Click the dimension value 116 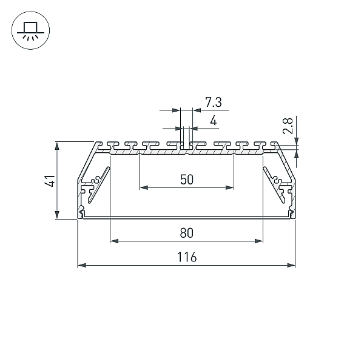click(x=187, y=257)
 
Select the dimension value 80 click(x=187, y=233)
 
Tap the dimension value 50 click(x=187, y=180)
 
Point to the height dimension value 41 click(x=50, y=181)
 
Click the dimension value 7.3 click(x=214, y=102)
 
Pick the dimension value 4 click(x=214, y=121)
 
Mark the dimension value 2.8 click(x=288, y=126)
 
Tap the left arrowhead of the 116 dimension click(x=81, y=265)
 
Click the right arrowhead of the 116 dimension click(x=291, y=265)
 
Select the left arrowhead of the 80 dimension click(x=114, y=241)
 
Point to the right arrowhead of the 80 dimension click(x=258, y=241)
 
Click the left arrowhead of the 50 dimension click(x=144, y=187)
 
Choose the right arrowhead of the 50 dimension click(x=229, y=187)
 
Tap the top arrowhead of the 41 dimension click(x=57, y=146)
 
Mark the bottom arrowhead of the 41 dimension click(x=57, y=215)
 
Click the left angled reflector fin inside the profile click(x=99, y=184)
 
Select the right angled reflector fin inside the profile click(x=274, y=184)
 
